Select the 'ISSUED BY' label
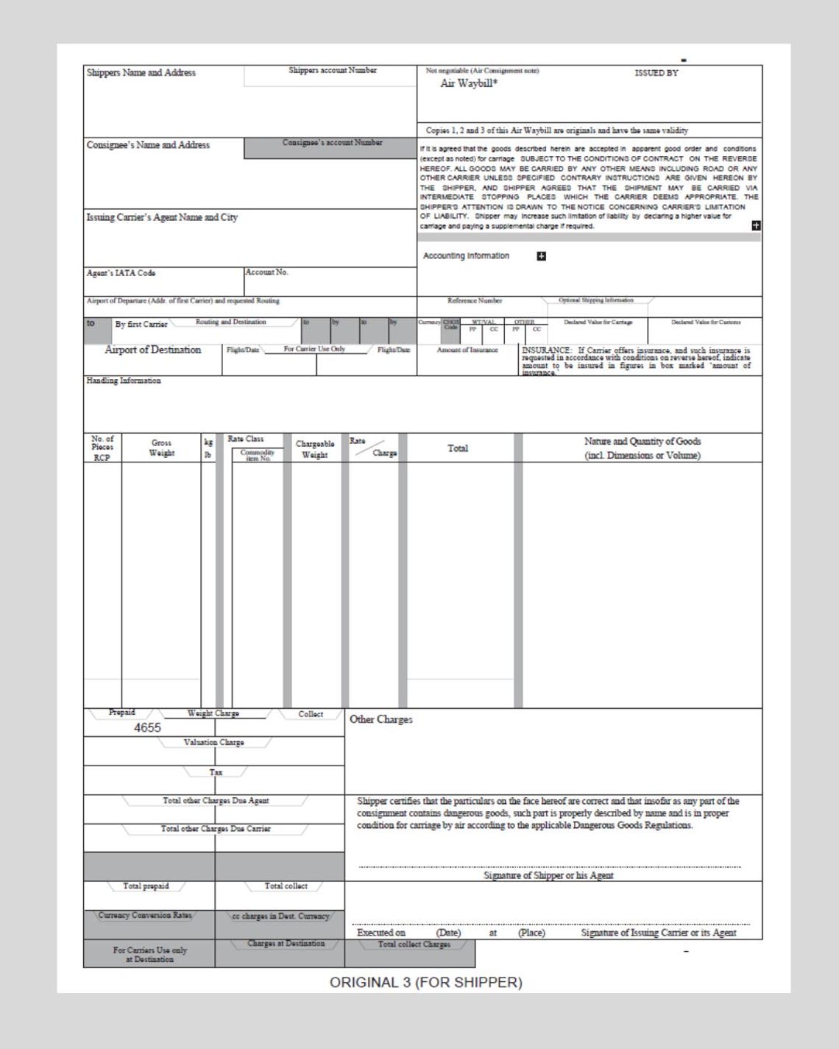tap(656, 73)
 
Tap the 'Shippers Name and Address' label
tap(141, 73)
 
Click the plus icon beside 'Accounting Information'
tap(542, 256)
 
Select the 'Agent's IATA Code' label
tap(121, 273)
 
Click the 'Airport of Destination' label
tap(152, 350)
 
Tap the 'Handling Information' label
tap(124, 381)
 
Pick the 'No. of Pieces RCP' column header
tap(102, 448)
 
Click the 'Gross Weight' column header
tap(161, 448)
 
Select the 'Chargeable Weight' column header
tap(315, 449)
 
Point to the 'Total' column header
tap(458, 448)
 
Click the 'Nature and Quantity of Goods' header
tap(642, 448)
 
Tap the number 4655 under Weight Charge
tap(147, 727)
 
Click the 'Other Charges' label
tap(380, 719)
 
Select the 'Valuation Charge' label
tap(213, 742)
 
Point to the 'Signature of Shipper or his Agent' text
tap(548, 875)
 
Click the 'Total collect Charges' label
tap(414, 944)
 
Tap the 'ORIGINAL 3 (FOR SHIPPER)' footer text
tap(425, 982)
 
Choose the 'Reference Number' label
tap(475, 300)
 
